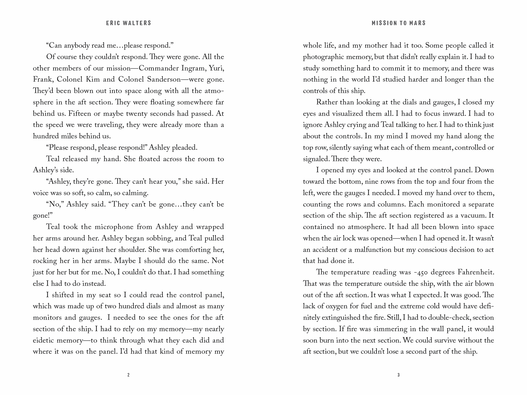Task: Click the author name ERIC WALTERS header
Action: (x=129, y=23)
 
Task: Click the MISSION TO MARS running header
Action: (x=398, y=23)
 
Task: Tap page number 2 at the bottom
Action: (x=129, y=375)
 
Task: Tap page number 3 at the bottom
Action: (x=398, y=375)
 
